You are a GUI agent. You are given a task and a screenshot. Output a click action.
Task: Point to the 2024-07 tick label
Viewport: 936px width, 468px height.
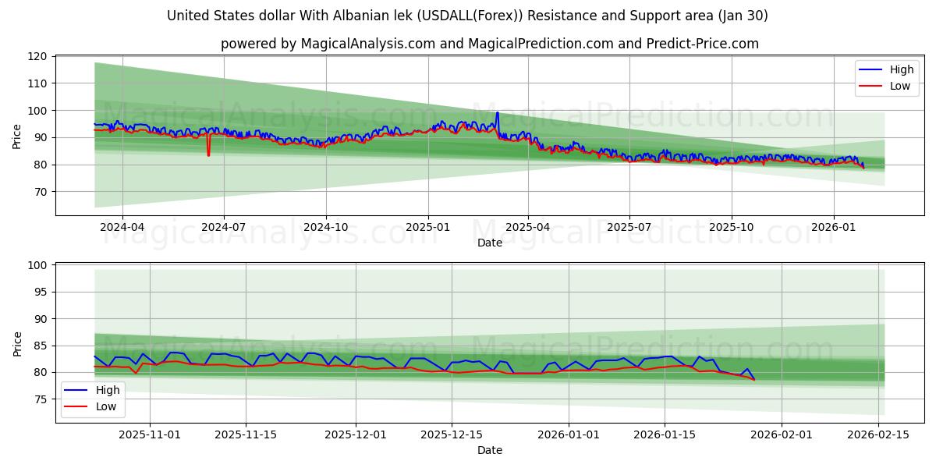(224, 227)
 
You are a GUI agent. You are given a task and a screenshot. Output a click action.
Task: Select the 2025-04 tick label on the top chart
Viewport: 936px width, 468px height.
(528, 227)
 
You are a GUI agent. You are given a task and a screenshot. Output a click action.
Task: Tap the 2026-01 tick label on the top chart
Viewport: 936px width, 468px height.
(833, 227)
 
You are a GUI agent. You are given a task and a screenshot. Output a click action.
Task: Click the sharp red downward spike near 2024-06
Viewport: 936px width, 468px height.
(208, 154)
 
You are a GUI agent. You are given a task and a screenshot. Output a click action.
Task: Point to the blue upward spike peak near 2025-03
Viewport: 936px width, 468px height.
(497, 113)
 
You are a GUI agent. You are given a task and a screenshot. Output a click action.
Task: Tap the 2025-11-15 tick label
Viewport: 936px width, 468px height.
(246, 434)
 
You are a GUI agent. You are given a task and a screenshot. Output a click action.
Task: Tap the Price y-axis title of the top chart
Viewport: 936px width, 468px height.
(17, 136)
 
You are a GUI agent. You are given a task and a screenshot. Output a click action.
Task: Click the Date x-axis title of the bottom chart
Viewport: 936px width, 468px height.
(490, 450)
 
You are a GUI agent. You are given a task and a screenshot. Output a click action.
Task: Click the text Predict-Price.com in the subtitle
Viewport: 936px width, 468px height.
(702, 44)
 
